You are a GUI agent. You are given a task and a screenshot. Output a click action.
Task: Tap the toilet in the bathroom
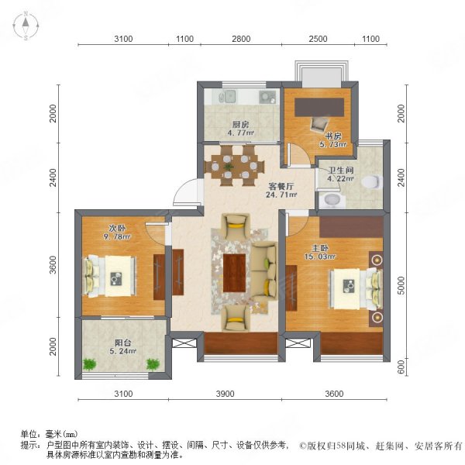(373, 182)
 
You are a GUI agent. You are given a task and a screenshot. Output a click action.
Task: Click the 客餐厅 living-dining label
(280, 187)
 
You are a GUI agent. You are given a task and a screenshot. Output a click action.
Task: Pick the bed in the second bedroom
(110, 274)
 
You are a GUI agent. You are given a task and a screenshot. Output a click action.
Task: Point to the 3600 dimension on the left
(53, 266)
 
